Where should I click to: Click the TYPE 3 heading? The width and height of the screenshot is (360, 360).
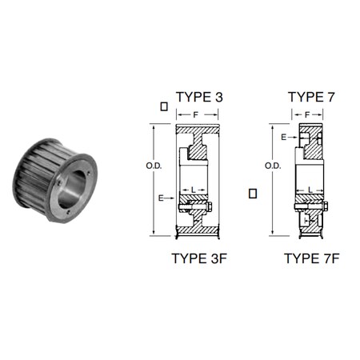tap(199, 97)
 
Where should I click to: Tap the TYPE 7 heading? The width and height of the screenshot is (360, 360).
tap(311, 97)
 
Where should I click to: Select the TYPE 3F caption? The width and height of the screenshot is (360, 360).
tap(199, 258)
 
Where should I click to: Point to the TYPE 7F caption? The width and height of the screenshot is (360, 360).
tap(312, 258)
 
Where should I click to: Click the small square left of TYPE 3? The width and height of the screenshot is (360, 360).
tap(164, 106)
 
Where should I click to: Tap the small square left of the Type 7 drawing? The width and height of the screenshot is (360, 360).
tap(253, 194)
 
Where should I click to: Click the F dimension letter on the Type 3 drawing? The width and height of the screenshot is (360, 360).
tap(196, 115)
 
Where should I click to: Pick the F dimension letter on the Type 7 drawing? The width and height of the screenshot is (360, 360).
tap(307, 115)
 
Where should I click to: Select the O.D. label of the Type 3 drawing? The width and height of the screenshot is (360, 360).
tap(154, 166)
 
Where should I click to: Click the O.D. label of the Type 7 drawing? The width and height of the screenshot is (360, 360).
tap(273, 166)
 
